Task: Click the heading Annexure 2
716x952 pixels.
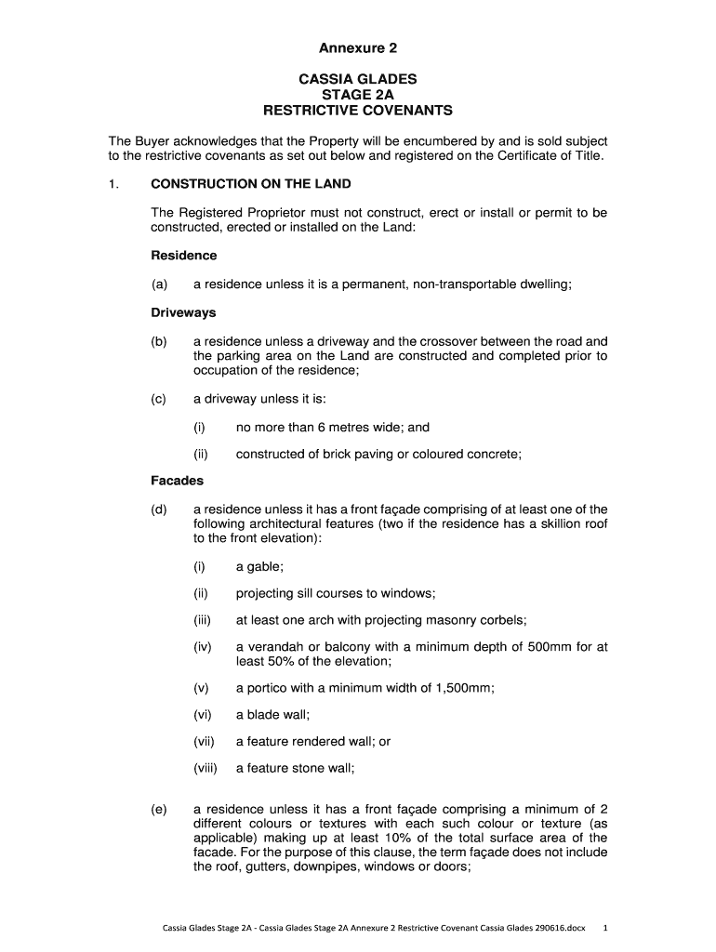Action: point(358,47)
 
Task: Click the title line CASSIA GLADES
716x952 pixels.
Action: point(358,80)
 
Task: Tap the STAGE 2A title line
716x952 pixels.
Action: point(358,95)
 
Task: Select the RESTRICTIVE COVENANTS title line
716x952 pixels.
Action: point(358,111)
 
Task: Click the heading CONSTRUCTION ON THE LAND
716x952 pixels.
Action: point(250,184)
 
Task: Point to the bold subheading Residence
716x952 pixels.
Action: point(183,255)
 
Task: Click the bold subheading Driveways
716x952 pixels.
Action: point(183,313)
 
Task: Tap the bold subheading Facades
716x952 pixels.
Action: point(177,481)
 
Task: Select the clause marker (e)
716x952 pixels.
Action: point(160,809)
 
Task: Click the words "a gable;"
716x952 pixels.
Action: point(259,566)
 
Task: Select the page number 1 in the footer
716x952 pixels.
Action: point(605,927)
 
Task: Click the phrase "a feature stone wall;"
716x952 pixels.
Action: point(296,768)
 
